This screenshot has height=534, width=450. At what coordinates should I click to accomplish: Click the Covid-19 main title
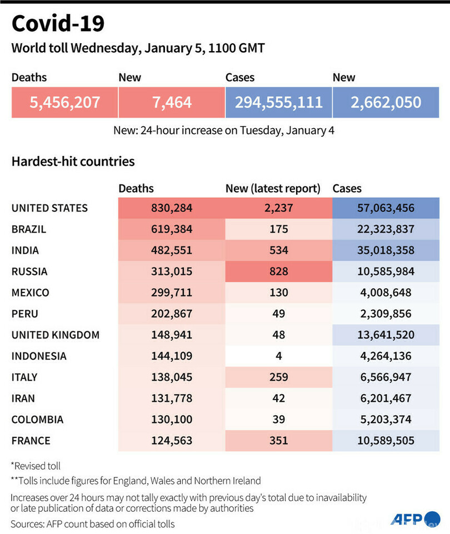(x=58, y=24)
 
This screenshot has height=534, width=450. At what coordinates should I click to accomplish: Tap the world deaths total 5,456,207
(x=64, y=102)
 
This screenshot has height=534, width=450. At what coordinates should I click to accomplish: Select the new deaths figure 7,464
(x=171, y=102)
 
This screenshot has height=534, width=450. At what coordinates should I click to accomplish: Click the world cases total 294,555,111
(x=278, y=102)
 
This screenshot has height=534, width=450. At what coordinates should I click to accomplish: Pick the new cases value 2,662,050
(x=386, y=102)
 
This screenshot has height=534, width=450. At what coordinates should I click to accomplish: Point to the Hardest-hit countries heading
(x=73, y=162)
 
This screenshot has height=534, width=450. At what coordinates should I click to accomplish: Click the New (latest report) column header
(x=273, y=189)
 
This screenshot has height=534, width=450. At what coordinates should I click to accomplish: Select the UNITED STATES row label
(x=49, y=208)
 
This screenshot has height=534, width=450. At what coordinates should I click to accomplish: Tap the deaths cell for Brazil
(x=171, y=229)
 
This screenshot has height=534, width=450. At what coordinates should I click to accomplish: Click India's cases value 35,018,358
(x=386, y=250)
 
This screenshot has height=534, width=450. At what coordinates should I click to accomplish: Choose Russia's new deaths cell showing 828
(x=278, y=271)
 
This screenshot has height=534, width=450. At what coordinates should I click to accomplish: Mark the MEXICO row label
(x=30, y=293)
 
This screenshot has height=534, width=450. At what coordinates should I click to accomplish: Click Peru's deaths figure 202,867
(x=171, y=314)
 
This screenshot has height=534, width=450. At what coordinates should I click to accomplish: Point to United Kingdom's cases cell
(x=386, y=335)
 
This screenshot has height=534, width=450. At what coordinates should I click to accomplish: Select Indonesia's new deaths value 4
(x=278, y=356)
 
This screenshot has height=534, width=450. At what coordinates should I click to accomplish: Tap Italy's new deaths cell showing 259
(x=278, y=377)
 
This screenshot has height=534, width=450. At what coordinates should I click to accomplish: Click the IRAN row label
(x=23, y=398)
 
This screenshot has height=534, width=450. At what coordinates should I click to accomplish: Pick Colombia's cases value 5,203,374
(x=386, y=419)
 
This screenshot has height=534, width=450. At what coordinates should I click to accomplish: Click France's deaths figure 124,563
(x=171, y=440)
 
